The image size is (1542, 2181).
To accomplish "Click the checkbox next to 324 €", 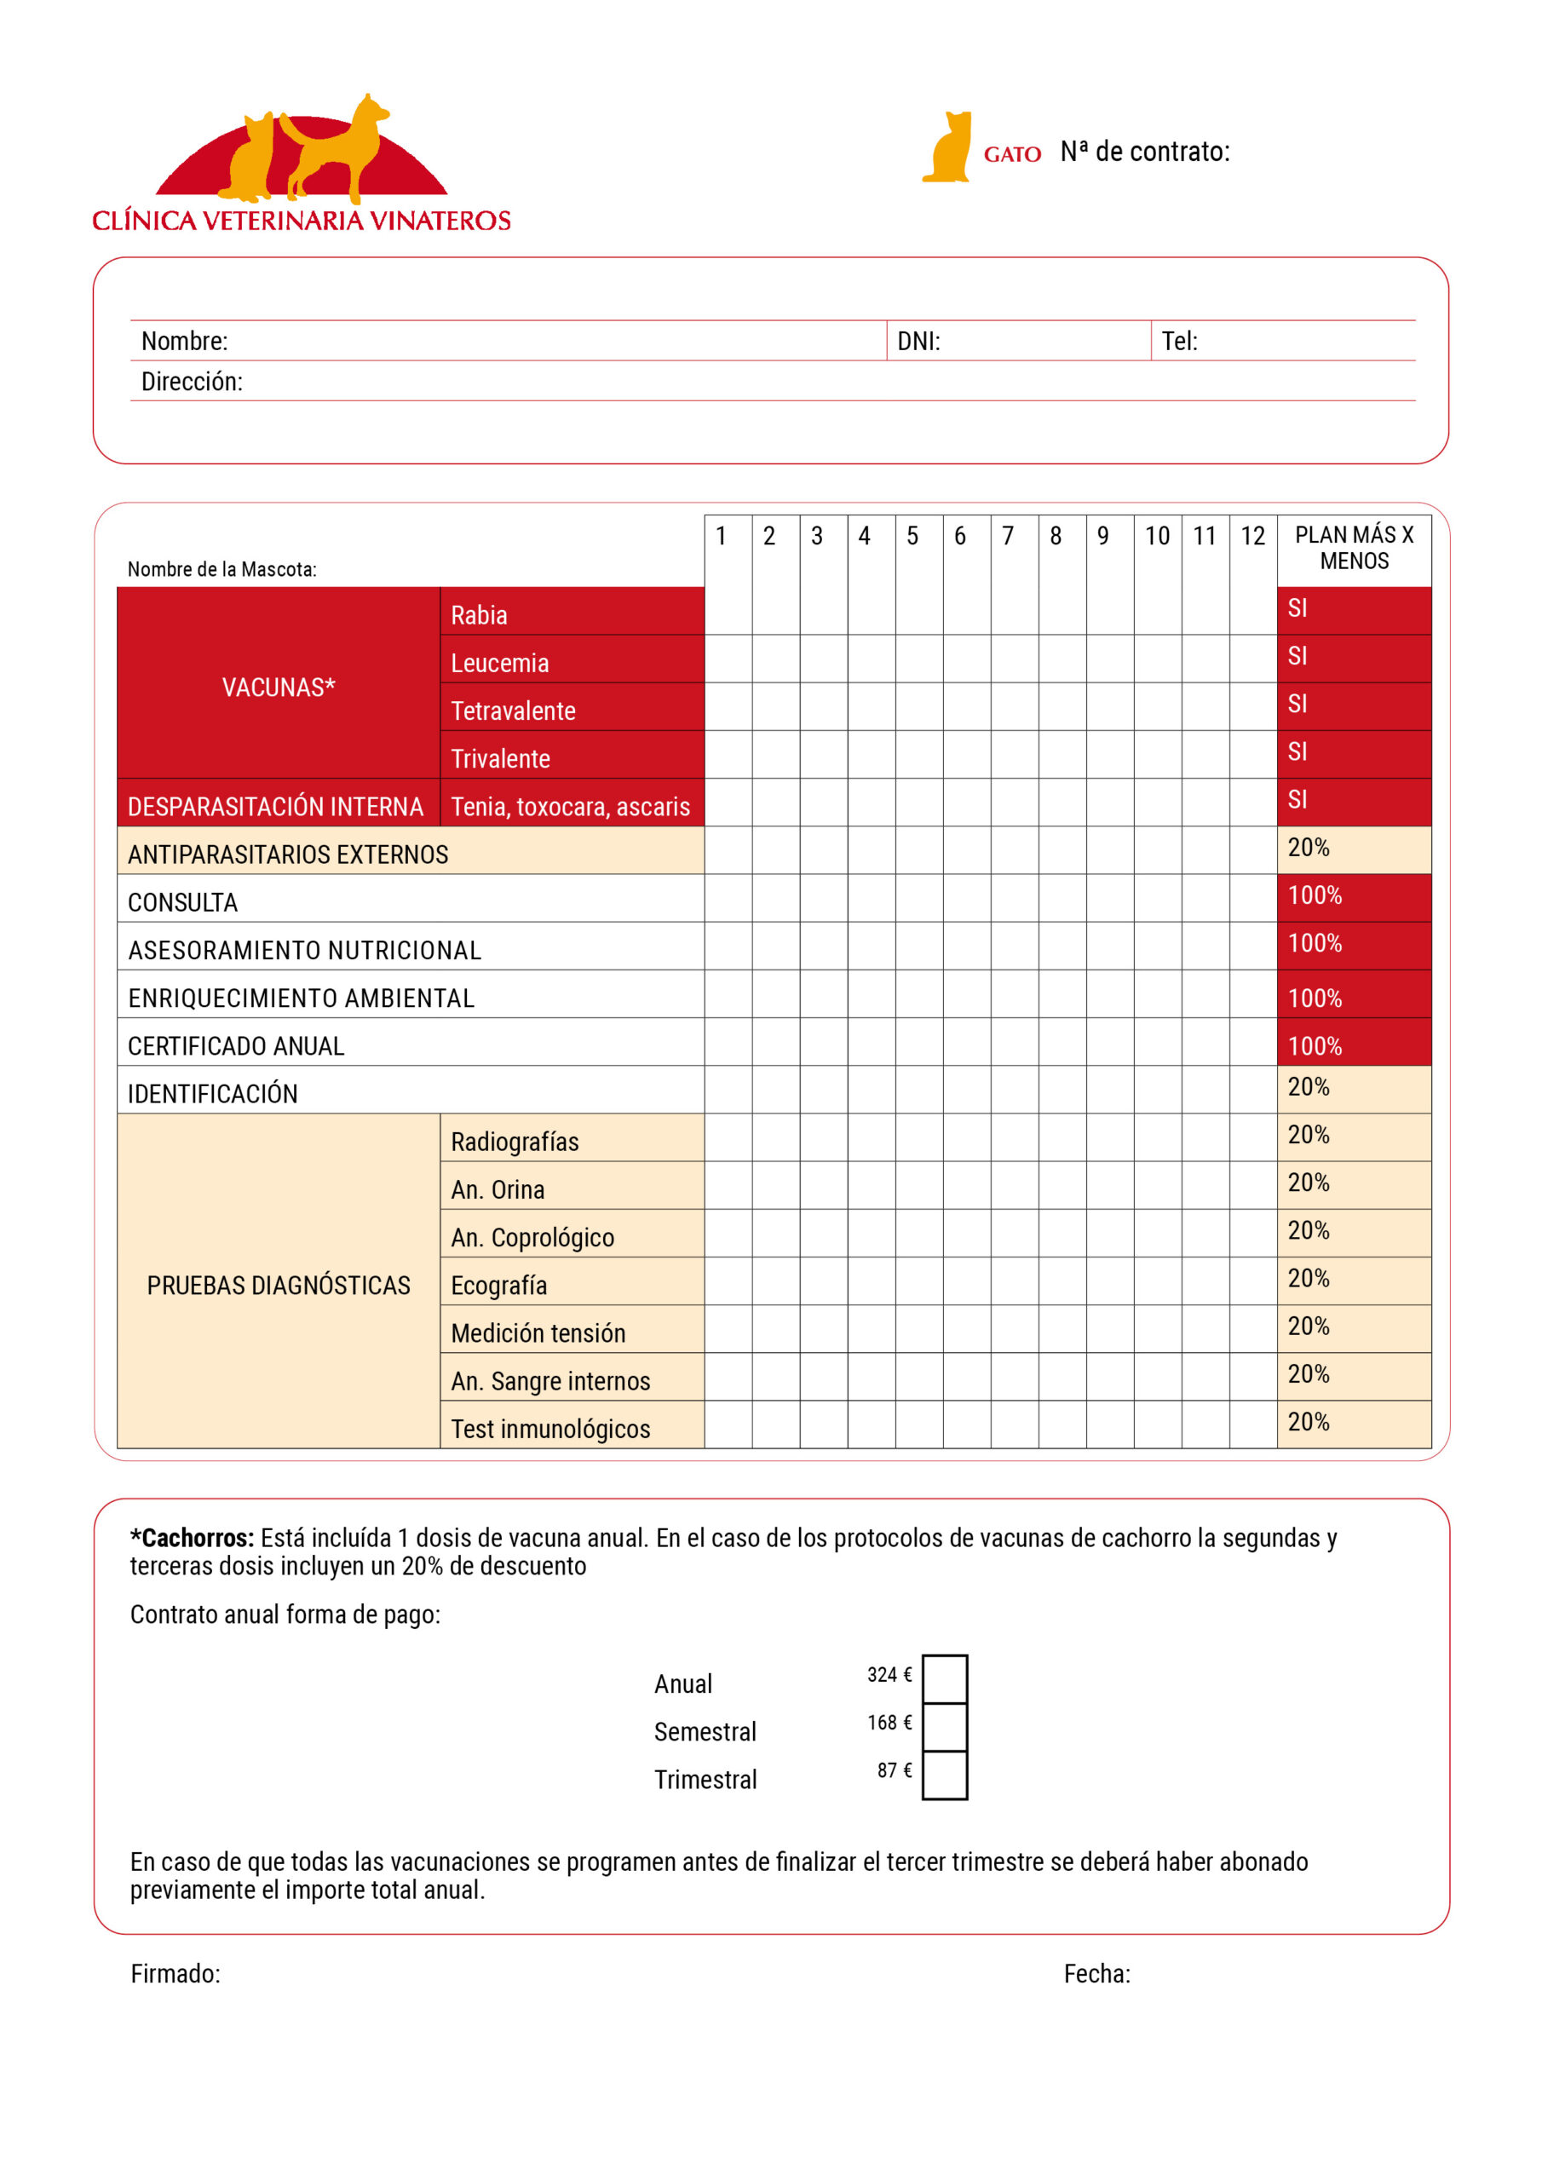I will [x=945, y=1678].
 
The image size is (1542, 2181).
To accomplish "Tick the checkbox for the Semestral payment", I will [x=945, y=1726].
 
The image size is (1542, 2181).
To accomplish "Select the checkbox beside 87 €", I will [x=945, y=1775].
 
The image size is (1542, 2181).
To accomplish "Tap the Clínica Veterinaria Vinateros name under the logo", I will [x=302, y=221].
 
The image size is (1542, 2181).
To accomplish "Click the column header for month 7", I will [x=1008, y=537].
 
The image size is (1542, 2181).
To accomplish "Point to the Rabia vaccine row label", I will [x=479, y=616].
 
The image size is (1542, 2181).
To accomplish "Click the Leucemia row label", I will [x=500, y=663].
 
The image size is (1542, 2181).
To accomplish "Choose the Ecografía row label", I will [x=498, y=1286].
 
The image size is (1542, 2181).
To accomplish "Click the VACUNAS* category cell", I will [x=279, y=687].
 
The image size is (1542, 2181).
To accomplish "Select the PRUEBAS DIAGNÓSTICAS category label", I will [x=279, y=1286].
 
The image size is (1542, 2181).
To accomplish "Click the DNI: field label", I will [x=918, y=341].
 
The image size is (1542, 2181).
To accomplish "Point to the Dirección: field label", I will [x=192, y=382].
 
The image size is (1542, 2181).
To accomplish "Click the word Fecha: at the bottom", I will [x=1096, y=1974].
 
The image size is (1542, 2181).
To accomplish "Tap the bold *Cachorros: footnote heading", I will [x=192, y=1538].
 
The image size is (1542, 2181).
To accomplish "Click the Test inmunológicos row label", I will [x=550, y=1429].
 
